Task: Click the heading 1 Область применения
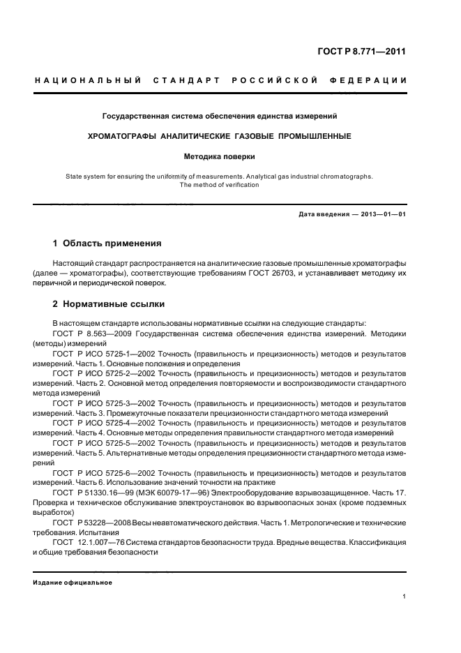107,243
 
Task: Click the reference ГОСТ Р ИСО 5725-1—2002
104,354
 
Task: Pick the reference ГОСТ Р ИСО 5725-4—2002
104,423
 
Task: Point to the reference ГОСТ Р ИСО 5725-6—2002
104,472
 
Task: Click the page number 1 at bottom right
405,597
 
